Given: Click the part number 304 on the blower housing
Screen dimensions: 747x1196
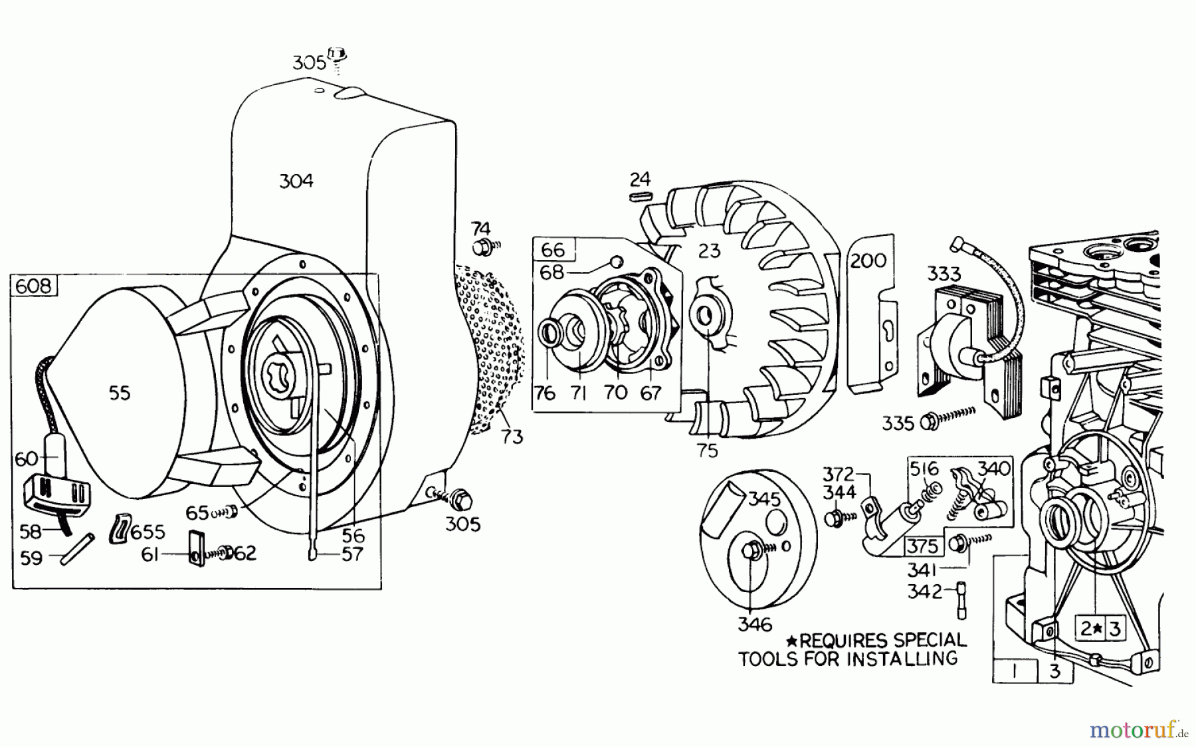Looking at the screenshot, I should (296, 181).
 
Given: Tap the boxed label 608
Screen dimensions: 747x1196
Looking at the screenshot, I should (34, 286).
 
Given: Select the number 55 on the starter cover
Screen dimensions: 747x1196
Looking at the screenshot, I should (120, 393).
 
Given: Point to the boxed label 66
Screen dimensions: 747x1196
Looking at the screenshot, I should (553, 250).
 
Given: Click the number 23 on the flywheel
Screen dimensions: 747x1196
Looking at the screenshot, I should (710, 251).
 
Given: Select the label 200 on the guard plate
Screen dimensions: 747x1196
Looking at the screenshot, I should (868, 260).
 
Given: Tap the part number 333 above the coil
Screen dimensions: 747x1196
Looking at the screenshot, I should (944, 274).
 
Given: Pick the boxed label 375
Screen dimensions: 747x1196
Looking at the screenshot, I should (922, 546).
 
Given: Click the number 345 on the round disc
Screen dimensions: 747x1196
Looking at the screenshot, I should (764, 498).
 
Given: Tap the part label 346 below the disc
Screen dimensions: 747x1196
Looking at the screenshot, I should (755, 624).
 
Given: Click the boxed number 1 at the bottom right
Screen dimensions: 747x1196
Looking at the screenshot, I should (1015, 671).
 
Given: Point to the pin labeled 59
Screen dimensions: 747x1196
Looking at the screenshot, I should (77, 548).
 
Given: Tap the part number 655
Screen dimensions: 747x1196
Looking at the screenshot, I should (147, 532).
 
